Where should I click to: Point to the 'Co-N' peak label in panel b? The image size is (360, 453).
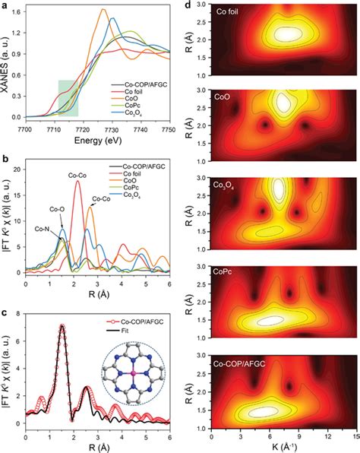point(43,227)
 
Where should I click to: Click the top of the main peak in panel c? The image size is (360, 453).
point(62,326)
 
